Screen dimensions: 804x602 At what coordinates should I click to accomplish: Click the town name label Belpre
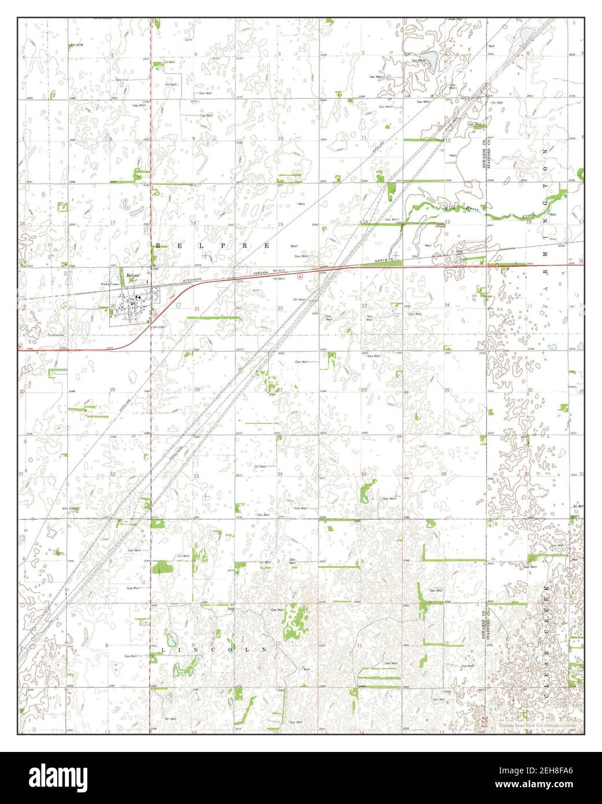click(126, 276)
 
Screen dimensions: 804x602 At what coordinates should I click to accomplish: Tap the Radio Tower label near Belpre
click(110, 284)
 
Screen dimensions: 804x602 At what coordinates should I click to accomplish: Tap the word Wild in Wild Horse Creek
click(449, 207)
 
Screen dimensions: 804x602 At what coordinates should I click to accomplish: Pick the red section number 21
click(197, 309)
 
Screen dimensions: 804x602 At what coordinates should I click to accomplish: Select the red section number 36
click(444, 474)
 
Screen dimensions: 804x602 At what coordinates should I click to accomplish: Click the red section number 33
click(196, 476)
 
